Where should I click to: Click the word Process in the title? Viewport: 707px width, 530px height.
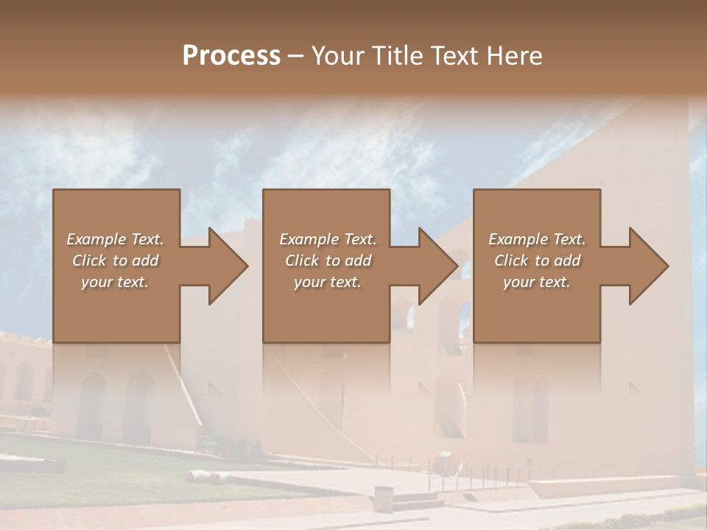click(231, 56)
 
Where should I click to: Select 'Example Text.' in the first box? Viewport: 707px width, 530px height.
click(115, 239)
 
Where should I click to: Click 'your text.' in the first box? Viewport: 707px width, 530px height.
click(115, 282)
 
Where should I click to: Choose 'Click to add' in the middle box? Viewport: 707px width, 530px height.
click(328, 261)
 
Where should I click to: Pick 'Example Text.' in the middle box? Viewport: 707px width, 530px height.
click(328, 239)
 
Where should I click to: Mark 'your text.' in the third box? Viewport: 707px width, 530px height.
click(537, 282)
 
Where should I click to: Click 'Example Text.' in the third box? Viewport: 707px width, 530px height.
click(537, 239)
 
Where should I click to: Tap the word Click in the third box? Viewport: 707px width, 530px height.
click(512, 261)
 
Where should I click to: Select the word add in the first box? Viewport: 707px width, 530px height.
click(145, 261)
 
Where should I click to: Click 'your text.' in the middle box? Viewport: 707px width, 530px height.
click(328, 282)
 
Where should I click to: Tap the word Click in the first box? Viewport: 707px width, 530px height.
click(90, 261)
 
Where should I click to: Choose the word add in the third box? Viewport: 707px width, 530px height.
click(567, 261)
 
